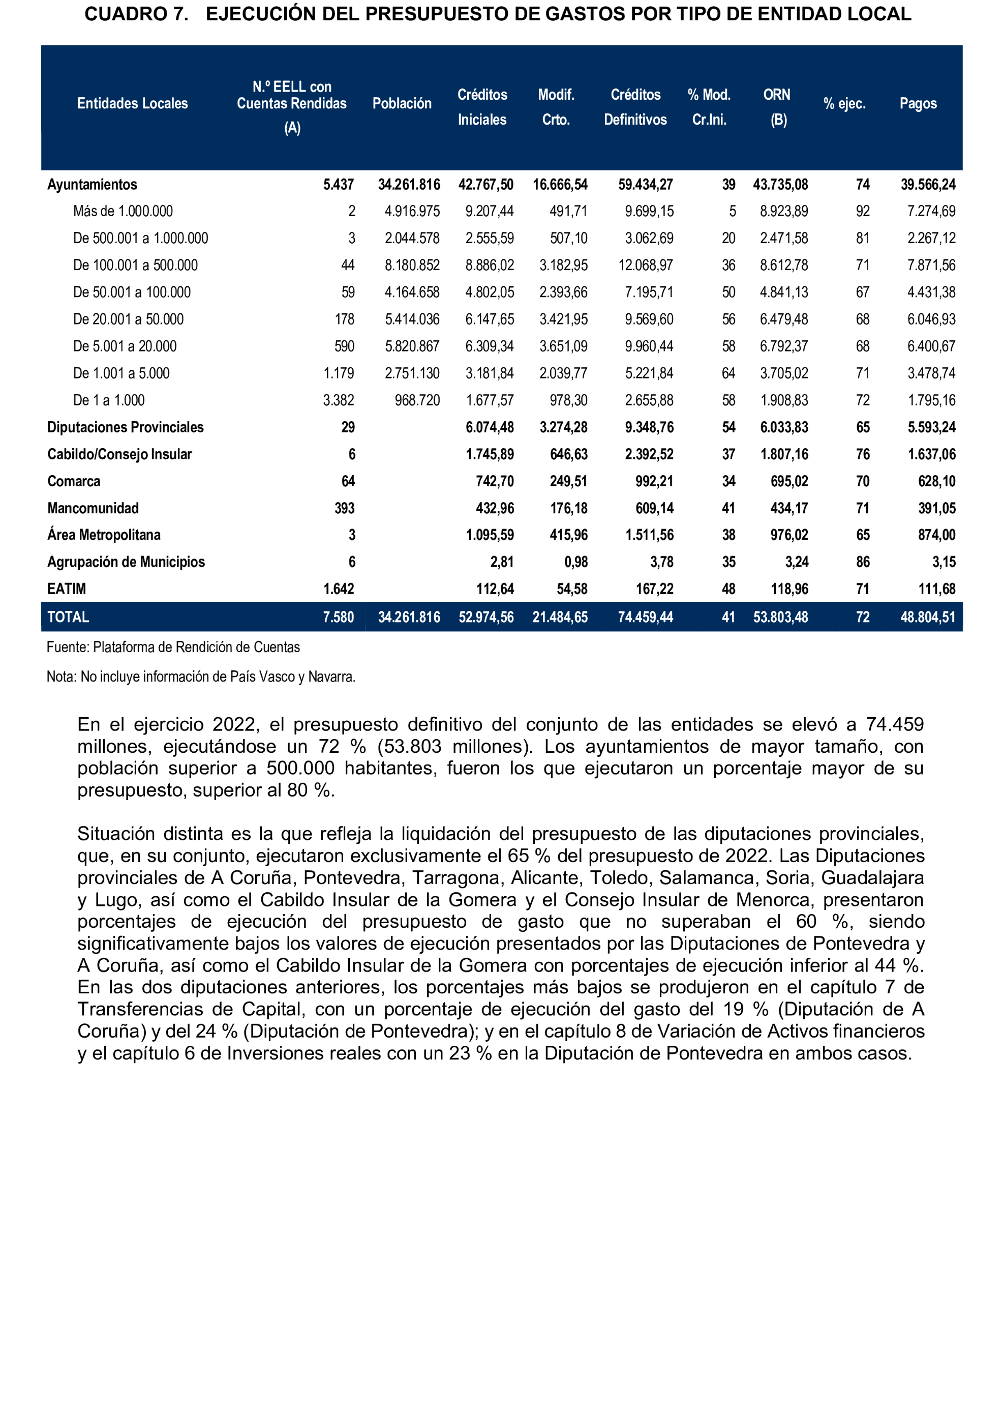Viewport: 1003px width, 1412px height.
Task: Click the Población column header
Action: (x=402, y=104)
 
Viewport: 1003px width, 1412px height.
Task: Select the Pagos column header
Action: (x=918, y=104)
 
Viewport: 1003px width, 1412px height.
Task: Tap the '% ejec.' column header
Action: (x=844, y=104)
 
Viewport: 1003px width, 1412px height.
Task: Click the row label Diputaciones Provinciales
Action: (x=126, y=427)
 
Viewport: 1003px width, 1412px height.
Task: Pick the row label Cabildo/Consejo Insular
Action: (x=119, y=454)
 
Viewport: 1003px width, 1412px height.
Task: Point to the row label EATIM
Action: (x=67, y=589)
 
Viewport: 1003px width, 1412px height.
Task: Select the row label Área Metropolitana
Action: (x=104, y=535)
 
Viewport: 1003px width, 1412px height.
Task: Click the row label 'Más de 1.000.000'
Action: (x=123, y=211)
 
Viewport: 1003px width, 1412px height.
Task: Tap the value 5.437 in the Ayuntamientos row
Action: (x=339, y=185)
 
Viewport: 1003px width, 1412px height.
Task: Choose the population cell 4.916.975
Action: (x=412, y=211)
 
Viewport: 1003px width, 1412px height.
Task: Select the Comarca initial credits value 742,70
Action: (x=494, y=481)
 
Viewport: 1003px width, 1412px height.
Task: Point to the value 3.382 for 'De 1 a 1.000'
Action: (x=339, y=400)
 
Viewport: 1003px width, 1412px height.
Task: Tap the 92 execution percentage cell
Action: (x=862, y=211)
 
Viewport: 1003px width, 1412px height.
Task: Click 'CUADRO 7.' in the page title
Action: (x=136, y=14)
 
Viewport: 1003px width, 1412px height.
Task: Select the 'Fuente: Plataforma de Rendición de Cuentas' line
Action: (x=173, y=647)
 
